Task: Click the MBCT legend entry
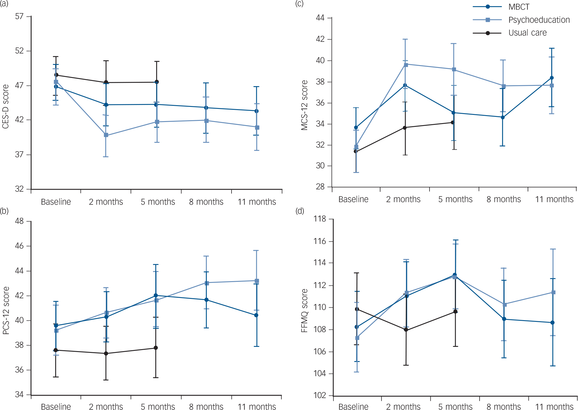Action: pos(519,7)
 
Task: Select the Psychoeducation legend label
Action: pos(539,20)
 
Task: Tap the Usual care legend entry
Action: pos(527,33)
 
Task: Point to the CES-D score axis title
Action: pos(5,107)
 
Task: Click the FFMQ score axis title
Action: pos(304,311)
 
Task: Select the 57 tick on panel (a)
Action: pos(19,16)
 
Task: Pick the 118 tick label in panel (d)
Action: pos(320,219)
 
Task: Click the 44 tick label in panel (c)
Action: pos(320,18)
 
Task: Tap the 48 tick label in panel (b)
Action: pos(19,221)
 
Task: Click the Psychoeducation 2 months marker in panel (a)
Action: pos(106,135)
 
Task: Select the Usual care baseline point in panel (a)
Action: pos(56,75)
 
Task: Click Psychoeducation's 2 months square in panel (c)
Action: pos(406,65)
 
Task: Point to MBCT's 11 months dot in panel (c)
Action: pos(552,78)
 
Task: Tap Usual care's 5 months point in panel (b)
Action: pos(156,348)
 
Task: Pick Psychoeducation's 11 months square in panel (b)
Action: pos(257,281)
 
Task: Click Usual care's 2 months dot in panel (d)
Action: pos(406,330)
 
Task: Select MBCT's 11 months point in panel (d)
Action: pos(552,323)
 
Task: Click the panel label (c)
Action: pos(299,4)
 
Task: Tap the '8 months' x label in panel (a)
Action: pos(206,202)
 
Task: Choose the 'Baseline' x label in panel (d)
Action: pos(353,407)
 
